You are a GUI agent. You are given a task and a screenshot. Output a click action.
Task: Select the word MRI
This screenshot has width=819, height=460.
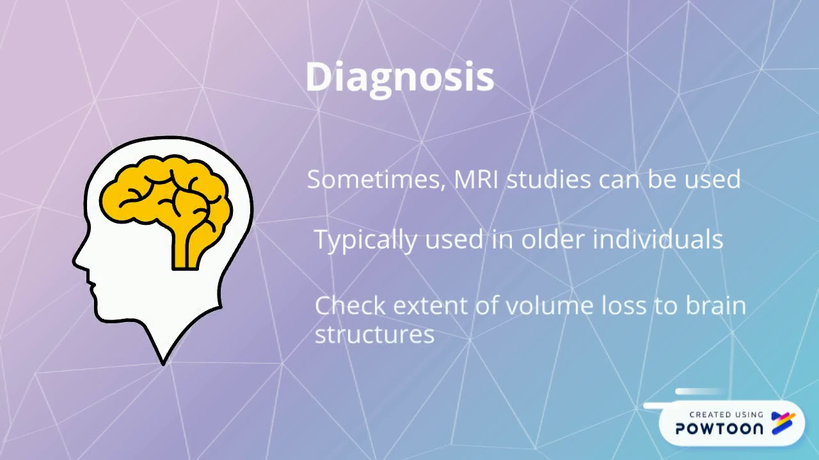click(476, 180)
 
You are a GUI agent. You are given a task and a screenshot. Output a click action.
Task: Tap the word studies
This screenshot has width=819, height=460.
click(548, 180)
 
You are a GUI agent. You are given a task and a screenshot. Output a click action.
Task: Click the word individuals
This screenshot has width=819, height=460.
click(658, 240)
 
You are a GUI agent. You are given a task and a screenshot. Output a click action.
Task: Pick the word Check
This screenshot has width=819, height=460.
click(350, 305)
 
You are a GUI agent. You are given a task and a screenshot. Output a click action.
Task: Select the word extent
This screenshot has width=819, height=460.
click(431, 306)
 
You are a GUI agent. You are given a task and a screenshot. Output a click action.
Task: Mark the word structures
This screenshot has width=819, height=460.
click(374, 334)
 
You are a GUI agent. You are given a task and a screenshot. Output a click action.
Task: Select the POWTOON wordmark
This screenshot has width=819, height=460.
click(719, 429)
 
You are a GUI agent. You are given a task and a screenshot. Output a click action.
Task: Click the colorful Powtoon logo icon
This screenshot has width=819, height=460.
click(783, 422)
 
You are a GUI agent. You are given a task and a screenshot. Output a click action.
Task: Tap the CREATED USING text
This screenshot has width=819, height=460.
click(726, 415)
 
